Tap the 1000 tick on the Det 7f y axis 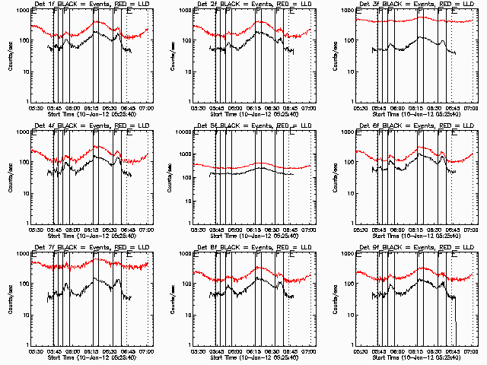point(21,254)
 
